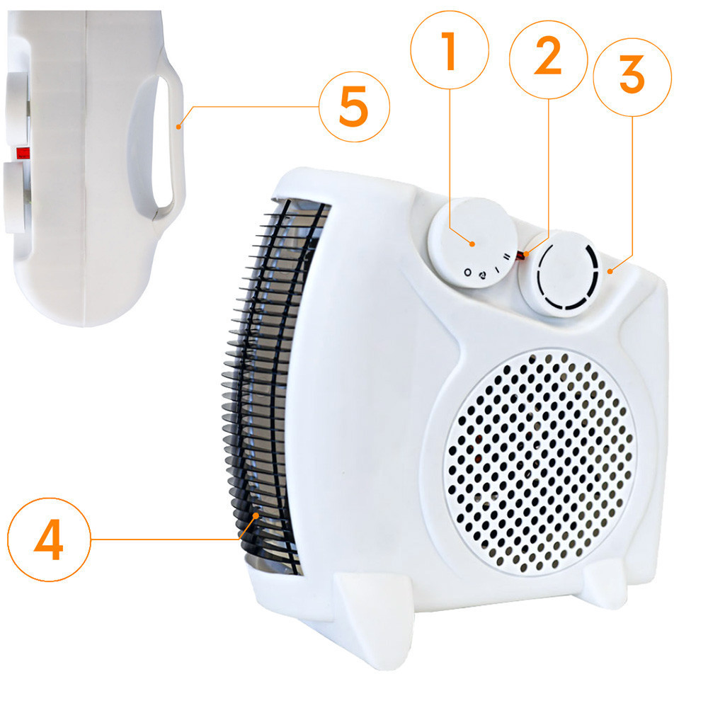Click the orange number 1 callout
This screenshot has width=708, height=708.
coord(450,50)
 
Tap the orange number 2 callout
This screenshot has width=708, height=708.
coord(548,59)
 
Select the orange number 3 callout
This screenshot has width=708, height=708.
coord(632,77)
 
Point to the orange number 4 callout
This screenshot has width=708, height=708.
coord(49,539)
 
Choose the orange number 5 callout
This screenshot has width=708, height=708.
coord(354,107)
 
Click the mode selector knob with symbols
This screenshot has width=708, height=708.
coord(473,242)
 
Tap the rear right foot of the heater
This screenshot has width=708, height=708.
coord(605,585)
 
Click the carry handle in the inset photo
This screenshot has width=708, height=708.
coord(158,140)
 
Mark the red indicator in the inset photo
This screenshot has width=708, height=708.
coord(23,153)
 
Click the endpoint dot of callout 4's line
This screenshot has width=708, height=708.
coord(256,515)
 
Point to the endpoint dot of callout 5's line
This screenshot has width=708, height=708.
coord(179,127)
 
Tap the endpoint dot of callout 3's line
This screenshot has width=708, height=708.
coord(610,271)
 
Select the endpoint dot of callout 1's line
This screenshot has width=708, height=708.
coord(472,244)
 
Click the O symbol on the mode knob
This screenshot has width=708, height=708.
coord(468,273)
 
